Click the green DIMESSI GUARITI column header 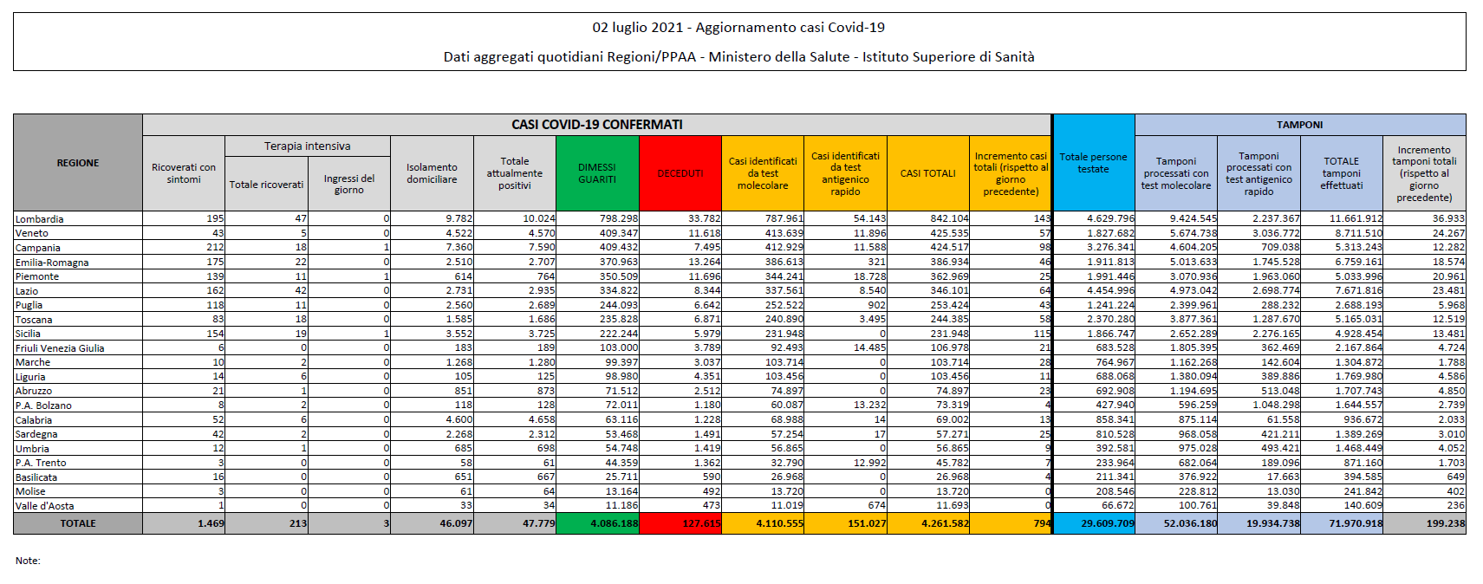pyautogui.click(x=597, y=173)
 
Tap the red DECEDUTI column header pyautogui.click(x=680, y=173)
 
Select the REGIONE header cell pyautogui.click(x=78, y=163)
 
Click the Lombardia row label pyautogui.click(x=40, y=219)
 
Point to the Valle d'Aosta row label pyautogui.click(x=45, y=506)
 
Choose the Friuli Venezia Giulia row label pyautogui.click(x=60, y=348)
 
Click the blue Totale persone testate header pyautogui.click(x=1093, y=163)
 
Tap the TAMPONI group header pyautogui.click(x=1299, y=125)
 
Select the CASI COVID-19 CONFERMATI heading pyautogui.click(x=597, y=125)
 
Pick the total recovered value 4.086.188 pyautogui.click(x=614, y=523)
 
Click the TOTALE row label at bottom pyautogui.click(x=78, y=523)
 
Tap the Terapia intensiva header pyautogui.click(x=308, y=146)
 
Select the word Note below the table pyautogui.click(x=28, y=561)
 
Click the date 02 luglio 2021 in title pyautogui.click(x=638, y=28)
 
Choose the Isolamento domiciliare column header pyautogui.click(x=432, y=173)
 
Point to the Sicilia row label pyautogui.click(x=29, y=334)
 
